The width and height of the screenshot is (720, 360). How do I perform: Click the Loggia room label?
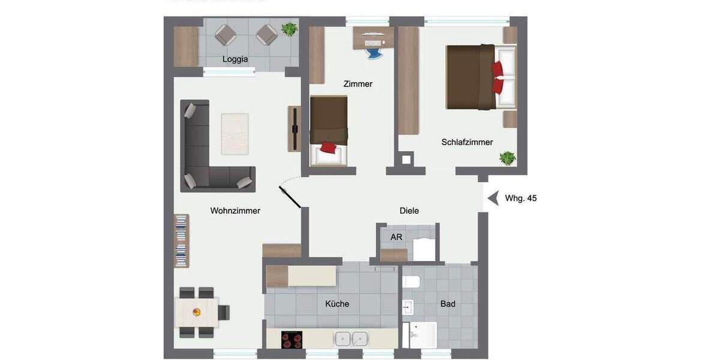pos(235,59)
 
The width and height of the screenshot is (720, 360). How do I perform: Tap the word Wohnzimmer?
pos(235,211)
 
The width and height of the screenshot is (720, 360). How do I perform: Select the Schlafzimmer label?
pos(467,142)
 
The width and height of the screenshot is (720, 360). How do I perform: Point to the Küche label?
pos(337,304)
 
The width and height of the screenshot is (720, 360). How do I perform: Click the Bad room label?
pos(448,304)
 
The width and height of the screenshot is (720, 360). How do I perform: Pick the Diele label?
pos(409,211)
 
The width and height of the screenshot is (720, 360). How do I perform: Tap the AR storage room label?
pos(396,237)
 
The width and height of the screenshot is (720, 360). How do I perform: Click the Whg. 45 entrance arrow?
pos(493,198)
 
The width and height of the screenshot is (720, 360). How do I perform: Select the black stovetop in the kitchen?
pos(292,340)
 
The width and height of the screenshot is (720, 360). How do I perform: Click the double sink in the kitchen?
pos(351,339)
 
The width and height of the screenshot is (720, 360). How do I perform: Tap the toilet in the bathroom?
pos(412,281)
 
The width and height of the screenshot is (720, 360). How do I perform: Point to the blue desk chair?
pos(373,53)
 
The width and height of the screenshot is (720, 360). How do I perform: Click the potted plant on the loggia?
pos(289,29)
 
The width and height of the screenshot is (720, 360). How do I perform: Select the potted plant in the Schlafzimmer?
pos(508,158)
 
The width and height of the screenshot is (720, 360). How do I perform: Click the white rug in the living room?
pos(235,134)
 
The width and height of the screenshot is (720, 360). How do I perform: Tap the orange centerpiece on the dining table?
pos(197,312)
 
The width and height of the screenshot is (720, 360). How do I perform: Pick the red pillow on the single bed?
pos(328,148)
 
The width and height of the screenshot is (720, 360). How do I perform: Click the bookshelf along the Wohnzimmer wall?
pos(181,241)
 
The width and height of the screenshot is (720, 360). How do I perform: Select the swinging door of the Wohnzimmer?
pos(289,196)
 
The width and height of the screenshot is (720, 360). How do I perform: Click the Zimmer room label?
pos(358,84)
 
